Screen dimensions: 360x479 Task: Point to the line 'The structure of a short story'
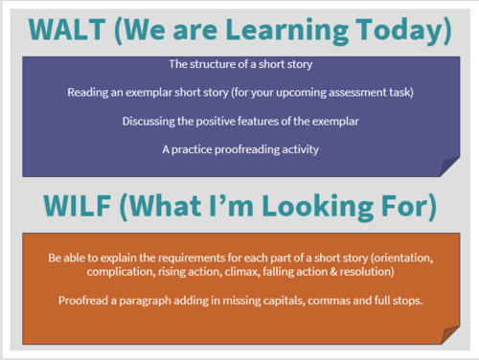point(239,65)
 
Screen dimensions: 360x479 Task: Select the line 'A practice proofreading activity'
point(239,148)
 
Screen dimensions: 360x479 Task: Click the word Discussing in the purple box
point(152,121)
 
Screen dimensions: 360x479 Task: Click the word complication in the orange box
point(83,275)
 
